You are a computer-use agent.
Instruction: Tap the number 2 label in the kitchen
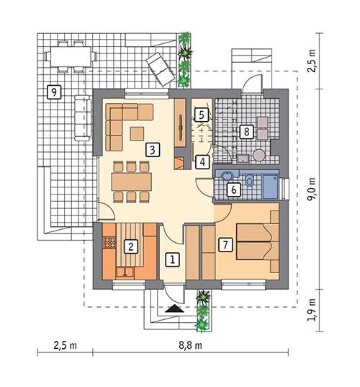[x=130, y=246]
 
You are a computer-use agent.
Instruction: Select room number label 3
[x=151, y=150]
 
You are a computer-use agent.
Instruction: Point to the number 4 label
[x=204, y=162]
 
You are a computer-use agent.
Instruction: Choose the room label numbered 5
[x=202, y=114]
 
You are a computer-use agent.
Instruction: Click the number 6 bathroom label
[x=233, y=190]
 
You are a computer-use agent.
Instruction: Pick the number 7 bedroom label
[x=225, y=244]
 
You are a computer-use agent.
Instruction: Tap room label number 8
[x=246, y=131]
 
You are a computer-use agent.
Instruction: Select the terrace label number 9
[x=51, y=91]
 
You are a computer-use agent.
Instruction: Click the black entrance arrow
[x=173, y=308]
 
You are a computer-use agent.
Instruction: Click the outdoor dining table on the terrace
[x=70, y=57]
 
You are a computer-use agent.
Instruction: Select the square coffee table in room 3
[x=137, y=133]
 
